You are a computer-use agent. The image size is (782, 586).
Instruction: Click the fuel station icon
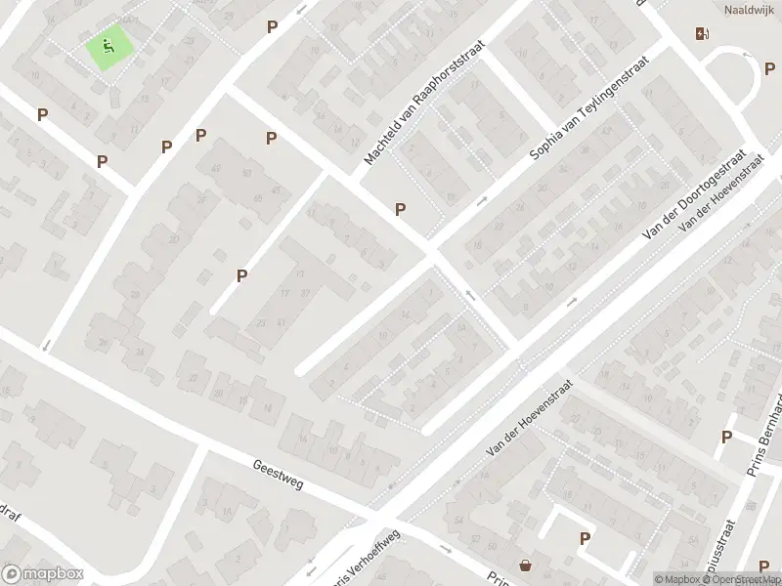(702, 33)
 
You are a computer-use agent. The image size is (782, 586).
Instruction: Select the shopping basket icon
(526, 565)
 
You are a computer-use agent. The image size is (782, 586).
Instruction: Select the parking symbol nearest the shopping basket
(585, 538)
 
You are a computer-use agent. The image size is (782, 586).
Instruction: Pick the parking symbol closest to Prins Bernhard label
(726, 438)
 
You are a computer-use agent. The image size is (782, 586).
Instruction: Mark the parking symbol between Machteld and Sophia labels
(400, 209)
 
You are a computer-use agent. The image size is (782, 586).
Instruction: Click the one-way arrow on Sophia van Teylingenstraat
(481, 201)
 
